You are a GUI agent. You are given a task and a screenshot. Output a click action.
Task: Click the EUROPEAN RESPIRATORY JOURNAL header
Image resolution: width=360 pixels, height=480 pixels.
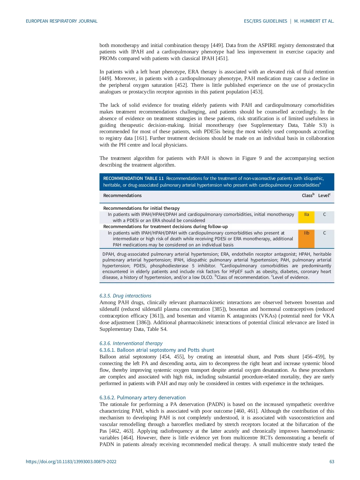click(x=61, y=21)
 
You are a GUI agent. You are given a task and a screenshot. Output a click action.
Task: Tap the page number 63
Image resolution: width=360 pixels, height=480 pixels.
click(x=332, y=461)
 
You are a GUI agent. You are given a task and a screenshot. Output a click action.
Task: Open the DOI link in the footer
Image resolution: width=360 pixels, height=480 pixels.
click(x=71, y=461)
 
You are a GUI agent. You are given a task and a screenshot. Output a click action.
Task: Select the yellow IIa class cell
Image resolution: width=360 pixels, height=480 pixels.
click(x=306, y=215)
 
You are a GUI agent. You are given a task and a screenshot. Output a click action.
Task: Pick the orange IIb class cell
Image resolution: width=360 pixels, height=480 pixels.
click(x=306, y=233)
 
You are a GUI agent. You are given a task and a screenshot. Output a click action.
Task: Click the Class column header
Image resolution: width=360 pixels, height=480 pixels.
click(x=308, y=196)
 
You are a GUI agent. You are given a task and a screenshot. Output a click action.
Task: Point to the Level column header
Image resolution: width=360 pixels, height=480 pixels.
click(x=324, y=196)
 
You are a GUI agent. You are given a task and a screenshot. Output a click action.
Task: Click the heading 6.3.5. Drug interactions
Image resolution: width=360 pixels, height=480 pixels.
click(x=125, y=296)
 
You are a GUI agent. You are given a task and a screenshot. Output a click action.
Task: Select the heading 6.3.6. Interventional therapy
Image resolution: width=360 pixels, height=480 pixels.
click(x=131, y=343)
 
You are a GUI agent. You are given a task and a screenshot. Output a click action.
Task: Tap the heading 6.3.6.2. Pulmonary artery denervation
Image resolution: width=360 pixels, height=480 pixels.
click(x=142, y=398)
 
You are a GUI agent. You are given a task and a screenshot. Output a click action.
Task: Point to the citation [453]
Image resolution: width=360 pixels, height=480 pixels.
click(x=257, y=92)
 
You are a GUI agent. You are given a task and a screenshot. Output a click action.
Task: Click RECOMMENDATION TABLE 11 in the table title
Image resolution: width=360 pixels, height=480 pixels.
click(x=133, y=178)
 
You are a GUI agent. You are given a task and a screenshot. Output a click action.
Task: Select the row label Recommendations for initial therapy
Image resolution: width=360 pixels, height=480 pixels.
click(x=141, y=208)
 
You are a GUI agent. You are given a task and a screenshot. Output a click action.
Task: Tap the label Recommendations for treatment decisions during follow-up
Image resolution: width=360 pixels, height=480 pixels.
click(x=165, y=227)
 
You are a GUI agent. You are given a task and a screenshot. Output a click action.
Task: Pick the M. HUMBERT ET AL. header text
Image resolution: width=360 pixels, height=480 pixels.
click(x=314, y=21)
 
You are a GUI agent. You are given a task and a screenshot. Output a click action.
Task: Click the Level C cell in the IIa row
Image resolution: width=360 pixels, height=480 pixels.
click(x=324, y=215)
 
